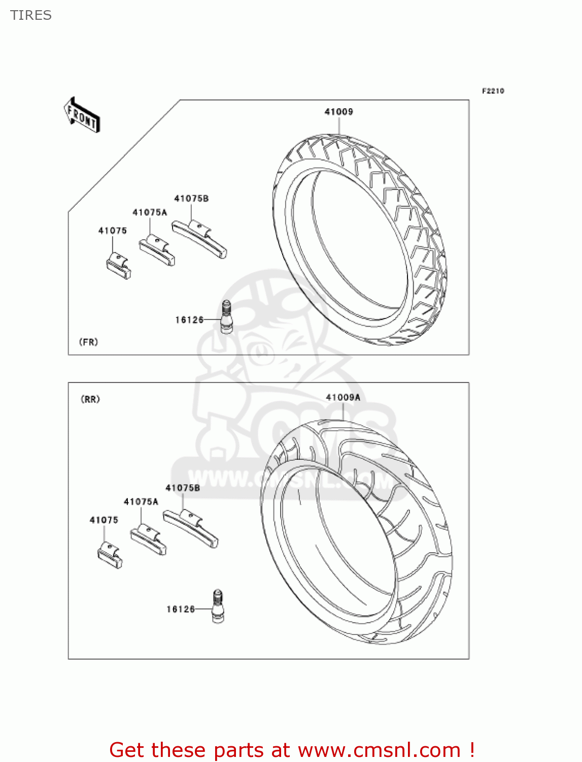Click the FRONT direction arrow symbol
(x=82, y=115)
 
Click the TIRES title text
(x=31, y=15)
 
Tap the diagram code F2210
(x=493, y=91)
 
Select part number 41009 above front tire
(x=338, y=112)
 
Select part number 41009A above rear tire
(x=343, y=397)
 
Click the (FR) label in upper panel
(x=88, y=342)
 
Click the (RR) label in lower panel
(x=90, y=399)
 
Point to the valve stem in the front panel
(x=226, y=316)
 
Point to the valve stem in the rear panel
(x=218, y=606)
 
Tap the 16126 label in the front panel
(x=189, y=320)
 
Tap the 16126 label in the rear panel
(x=181, y=609)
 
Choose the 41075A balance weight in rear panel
(x=149, y=539)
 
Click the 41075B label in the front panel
(x=191, y=199)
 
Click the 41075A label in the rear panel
(x=141, y=501)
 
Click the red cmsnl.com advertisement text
(x=292, y=750)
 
